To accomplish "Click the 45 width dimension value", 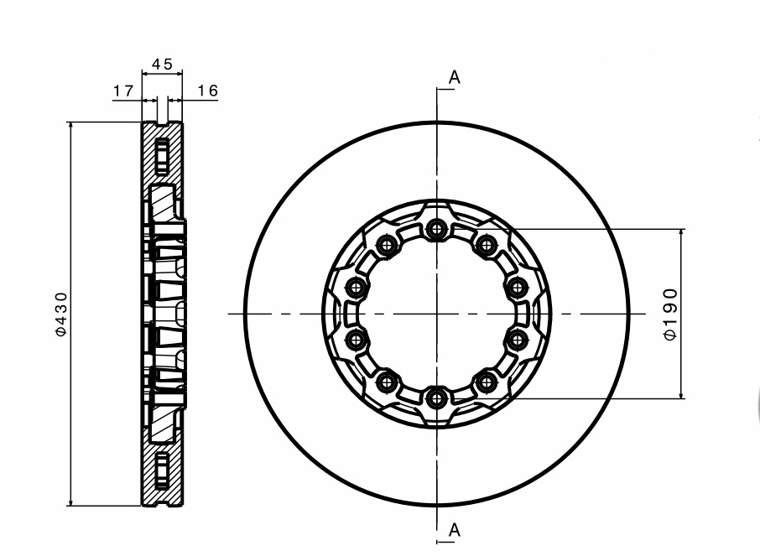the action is [x=162, y=64].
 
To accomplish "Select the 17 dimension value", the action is [x=123, y=91].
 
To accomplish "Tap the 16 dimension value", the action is [x=208, y=91].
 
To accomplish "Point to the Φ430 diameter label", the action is [x=61, y=314].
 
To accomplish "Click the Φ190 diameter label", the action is [x=670, y=314].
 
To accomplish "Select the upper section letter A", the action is [x=454, y=77].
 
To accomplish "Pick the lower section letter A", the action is [x=454, y=530].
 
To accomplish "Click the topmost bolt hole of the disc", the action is [x=437, y=228].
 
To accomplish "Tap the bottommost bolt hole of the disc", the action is [x=437, y=398].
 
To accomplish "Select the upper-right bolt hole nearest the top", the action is [x=487, y=244].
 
